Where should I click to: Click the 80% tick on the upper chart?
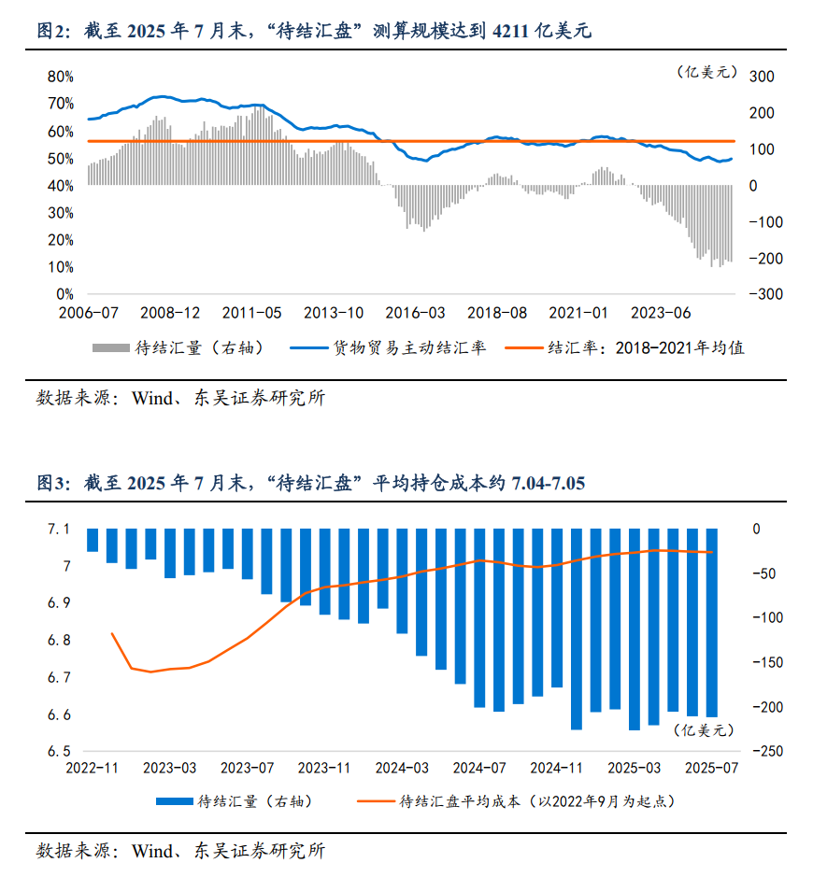coord(61,77)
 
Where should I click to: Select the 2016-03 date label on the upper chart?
coord(416,313)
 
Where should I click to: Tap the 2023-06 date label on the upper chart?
coord(662,313)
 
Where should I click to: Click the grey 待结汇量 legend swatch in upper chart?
coord(110,348)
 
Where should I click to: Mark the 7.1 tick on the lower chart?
coord(59,530)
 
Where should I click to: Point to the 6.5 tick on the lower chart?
coord(59,752)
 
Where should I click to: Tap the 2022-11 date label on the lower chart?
coord(93,769)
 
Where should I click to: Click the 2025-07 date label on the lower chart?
coord(711,769)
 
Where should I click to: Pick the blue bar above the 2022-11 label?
coord(93,540)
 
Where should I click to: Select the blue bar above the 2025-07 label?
coord(712,622)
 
